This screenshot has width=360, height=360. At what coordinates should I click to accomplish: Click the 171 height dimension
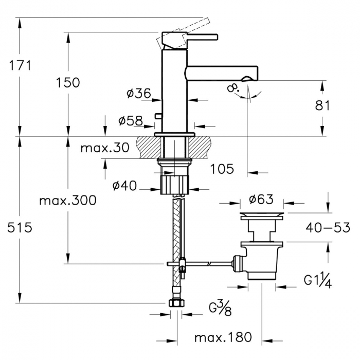point(20,66)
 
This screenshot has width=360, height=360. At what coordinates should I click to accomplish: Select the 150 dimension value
point(68,83)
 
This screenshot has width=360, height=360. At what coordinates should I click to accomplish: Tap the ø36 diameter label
point(139,93)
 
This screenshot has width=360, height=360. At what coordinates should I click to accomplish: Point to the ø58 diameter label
point(131,120)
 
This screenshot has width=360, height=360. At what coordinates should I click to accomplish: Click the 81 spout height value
point(322,105)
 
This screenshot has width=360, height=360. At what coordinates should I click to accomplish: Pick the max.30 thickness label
point(105,148)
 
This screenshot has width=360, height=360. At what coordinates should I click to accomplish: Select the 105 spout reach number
point(222,169)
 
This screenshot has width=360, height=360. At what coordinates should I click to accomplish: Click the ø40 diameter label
point(124,186)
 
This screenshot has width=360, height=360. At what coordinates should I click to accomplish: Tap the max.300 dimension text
point(68,201)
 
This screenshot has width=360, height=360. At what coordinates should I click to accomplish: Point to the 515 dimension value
point(20,228)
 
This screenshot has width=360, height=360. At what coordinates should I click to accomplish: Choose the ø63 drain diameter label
point(261,200)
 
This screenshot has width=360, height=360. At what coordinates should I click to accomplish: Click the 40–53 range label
point(328,227)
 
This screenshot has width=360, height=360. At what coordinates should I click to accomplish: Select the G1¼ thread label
point(318,281)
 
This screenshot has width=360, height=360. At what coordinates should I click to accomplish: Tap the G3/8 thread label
point(220,309)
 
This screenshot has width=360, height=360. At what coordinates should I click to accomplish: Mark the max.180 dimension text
point(223,337)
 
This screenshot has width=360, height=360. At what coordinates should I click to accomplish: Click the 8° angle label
point(232,88)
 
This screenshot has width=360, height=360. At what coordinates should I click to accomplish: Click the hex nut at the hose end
point(176,303)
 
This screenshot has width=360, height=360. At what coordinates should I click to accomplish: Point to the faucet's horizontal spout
point(222,74)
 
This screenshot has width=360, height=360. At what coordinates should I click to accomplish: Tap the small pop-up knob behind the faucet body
point(158,116)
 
